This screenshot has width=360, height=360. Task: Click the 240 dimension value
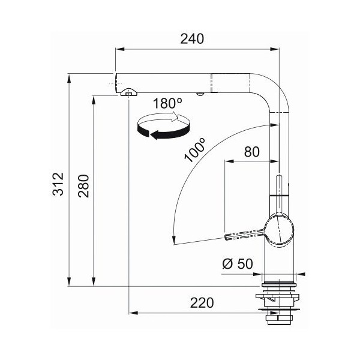[x=192, y=39]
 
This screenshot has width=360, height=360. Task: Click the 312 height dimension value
[x=58, y=184]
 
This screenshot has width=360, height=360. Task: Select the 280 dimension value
[x=83, y=186]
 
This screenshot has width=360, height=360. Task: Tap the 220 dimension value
[x=202, y=303]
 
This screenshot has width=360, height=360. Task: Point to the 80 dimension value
[x=252, y=152]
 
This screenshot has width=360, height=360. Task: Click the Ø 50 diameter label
[x=238, y=264]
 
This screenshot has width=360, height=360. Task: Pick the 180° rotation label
[x=167, y=103]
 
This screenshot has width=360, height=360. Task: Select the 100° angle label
[x=194, y=151]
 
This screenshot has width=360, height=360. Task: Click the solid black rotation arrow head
[x=154, y=135]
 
